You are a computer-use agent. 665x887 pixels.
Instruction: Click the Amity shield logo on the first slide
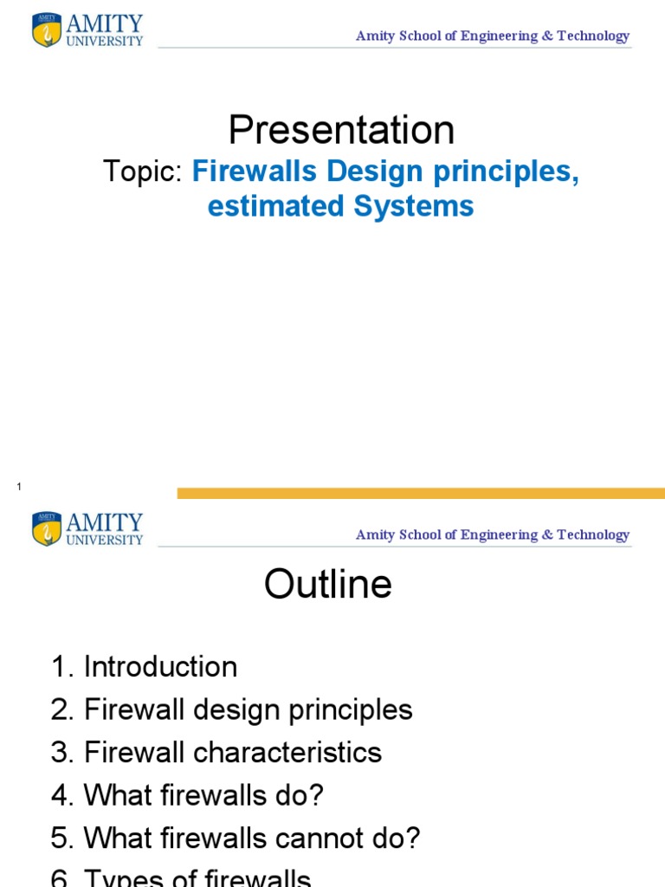tap(47, 29)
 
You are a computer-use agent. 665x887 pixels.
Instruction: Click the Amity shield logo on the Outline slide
tap(47, 528)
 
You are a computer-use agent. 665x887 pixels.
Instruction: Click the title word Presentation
tap(341, 130)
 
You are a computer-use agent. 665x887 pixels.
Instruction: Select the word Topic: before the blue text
tap(143, 172)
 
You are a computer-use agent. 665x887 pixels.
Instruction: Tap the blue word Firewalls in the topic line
tap(255, 172)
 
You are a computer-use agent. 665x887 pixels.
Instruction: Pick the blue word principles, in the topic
tap(512, 172)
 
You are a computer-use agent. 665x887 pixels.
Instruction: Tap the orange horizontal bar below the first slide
tap(421, 493)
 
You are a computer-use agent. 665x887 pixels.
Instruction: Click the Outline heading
tap(328, 585)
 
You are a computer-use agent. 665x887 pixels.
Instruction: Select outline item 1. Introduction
tap(144, 667)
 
